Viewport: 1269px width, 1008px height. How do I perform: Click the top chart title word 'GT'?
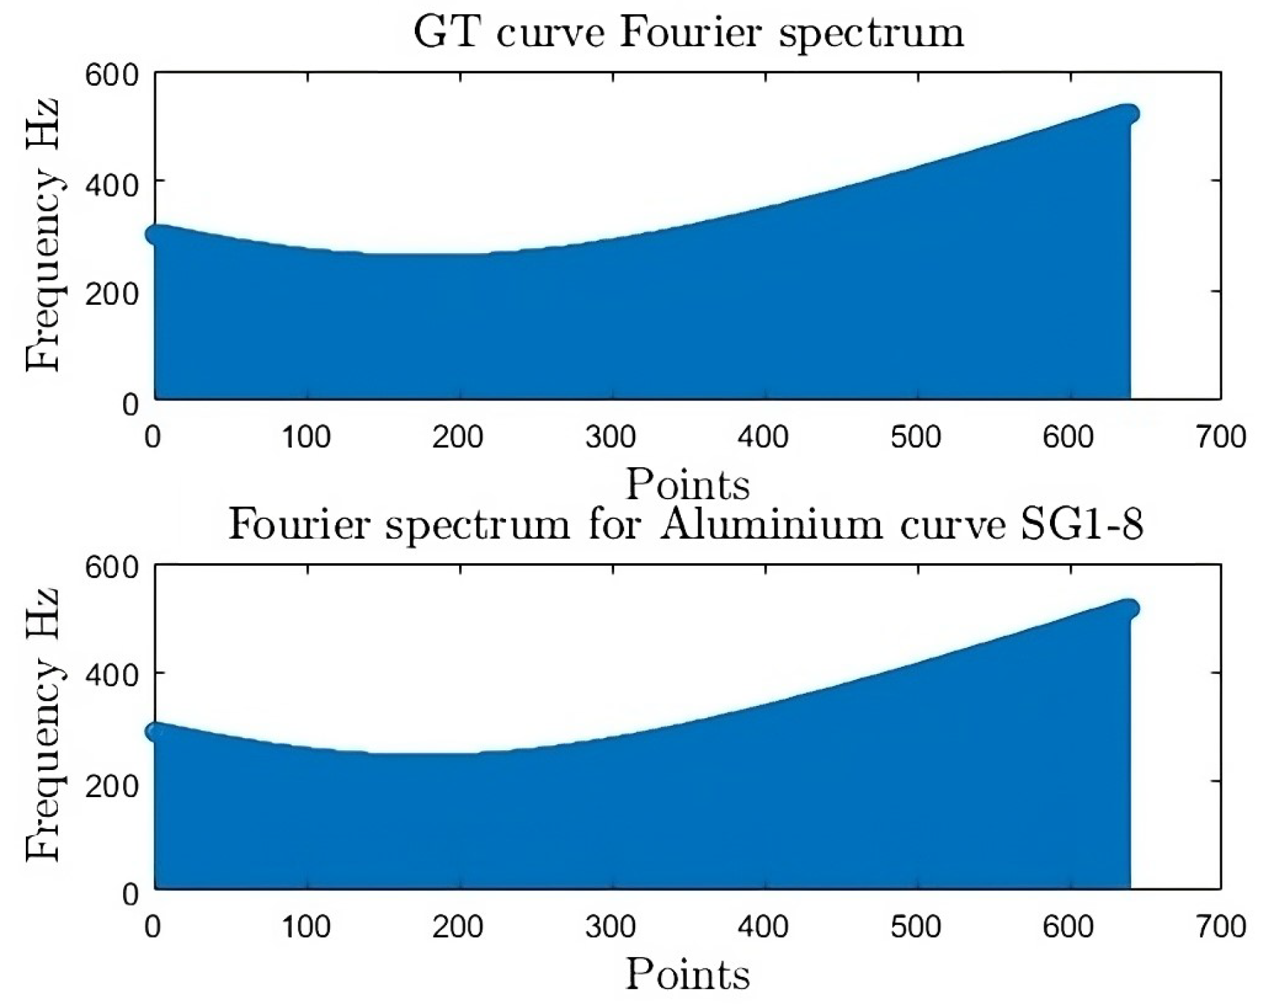(447, 33)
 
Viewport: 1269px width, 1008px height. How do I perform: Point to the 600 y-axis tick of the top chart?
(111, 74)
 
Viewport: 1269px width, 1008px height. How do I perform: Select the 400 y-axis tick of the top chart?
(111, 183)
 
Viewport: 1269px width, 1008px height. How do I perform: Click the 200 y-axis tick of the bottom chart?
(111, 785)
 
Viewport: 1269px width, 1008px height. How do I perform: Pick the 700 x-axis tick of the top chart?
(1221, 436)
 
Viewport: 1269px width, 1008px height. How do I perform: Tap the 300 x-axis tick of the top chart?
(611, 436)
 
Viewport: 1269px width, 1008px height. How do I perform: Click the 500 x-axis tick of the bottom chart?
(915, 926)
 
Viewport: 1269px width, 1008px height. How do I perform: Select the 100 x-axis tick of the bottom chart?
(306, 926)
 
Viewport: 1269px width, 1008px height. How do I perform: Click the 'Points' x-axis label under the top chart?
(688, 484)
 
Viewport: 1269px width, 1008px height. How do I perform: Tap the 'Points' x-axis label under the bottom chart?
(688, 974)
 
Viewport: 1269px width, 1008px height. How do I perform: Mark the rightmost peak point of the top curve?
(1129, 114)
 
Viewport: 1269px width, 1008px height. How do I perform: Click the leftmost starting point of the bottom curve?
(156, 732)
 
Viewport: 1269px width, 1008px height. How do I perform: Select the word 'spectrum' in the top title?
(871, 33)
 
